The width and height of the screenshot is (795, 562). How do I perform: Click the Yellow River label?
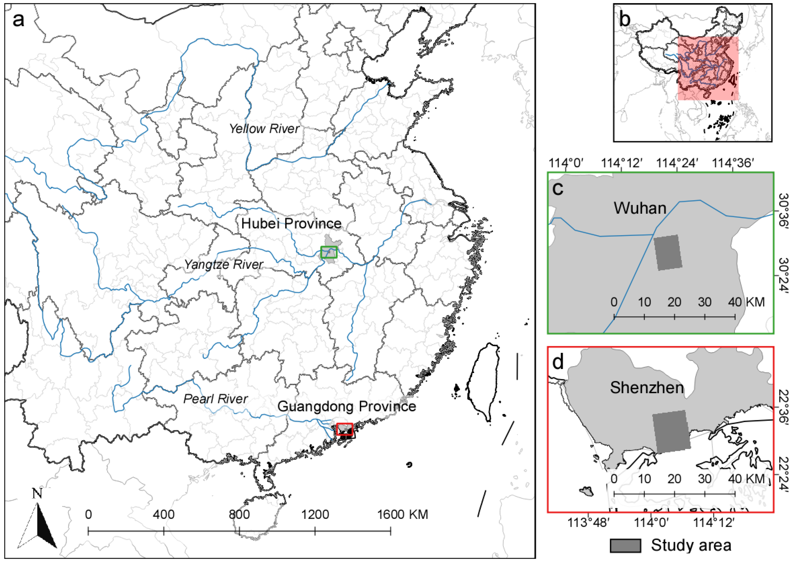coord(264,129)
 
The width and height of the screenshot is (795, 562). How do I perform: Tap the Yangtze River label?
coord(223,265)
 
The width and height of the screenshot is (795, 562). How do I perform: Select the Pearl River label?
coord(215,399)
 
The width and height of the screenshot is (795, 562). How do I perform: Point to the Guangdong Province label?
coord(347,406)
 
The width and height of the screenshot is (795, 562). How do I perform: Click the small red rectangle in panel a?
coord(344,429)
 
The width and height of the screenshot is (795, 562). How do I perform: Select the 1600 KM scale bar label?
coord(402,515)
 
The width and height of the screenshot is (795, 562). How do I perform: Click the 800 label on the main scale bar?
coord(239,515)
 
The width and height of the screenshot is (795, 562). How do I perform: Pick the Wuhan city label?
coord(640,208)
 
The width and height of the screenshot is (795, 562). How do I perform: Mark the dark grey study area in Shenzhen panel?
coord(671,431)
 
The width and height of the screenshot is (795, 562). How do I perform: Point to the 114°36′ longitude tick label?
coord(732,163)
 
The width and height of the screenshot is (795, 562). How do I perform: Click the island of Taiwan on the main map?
coord(483,381)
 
